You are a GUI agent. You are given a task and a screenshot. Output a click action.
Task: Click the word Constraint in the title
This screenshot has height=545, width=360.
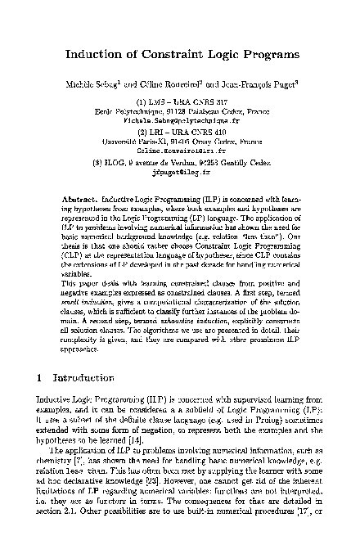[175, 56]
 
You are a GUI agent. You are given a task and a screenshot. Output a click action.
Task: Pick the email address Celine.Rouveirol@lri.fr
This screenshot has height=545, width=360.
[179, 151]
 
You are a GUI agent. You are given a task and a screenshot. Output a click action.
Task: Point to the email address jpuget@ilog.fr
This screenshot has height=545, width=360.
[179, 173]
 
